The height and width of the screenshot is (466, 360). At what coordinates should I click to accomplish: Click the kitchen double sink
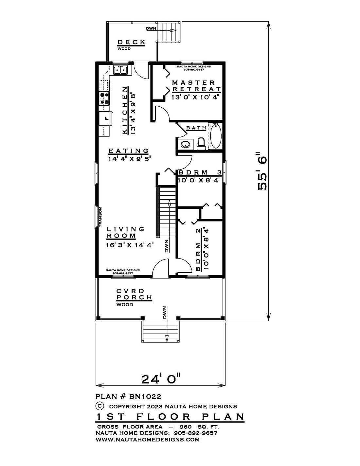120,70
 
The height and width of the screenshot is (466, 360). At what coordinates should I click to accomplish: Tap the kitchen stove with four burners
104,98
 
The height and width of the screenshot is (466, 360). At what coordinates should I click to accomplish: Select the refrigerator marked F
105,118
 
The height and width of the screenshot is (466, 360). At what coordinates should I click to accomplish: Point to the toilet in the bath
201,143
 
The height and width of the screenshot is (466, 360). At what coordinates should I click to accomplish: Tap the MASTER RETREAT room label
196,86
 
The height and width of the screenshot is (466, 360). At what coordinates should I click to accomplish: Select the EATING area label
128,151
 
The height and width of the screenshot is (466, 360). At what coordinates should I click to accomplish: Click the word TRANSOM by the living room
100,217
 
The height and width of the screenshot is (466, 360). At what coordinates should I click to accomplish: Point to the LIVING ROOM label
126,232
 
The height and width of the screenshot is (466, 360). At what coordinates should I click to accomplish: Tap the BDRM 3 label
200,172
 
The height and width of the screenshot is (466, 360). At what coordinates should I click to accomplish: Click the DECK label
131,42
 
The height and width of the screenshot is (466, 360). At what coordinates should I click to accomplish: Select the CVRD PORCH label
134,294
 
